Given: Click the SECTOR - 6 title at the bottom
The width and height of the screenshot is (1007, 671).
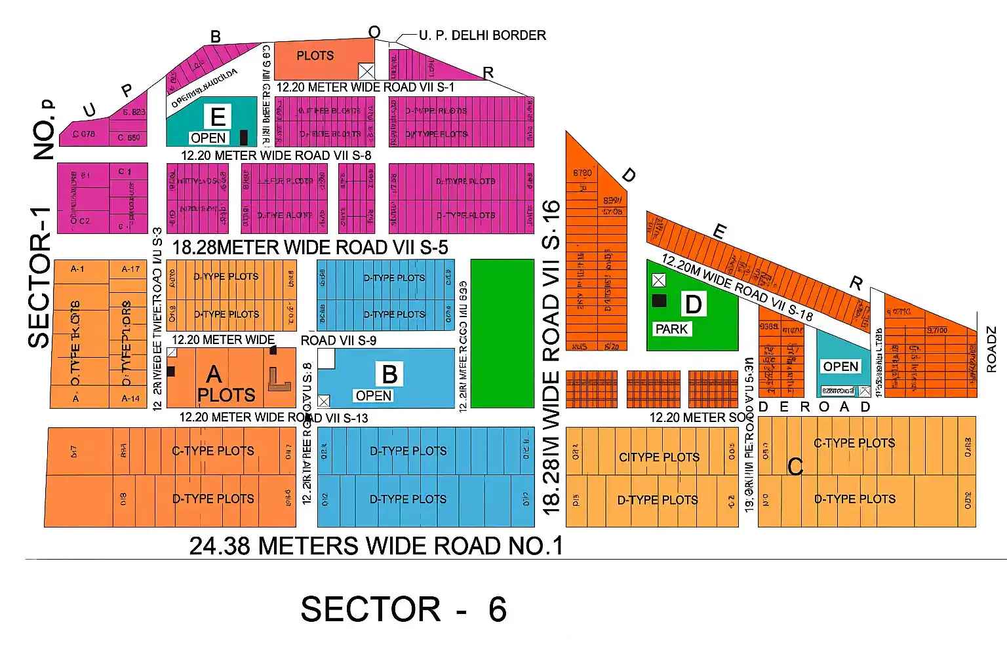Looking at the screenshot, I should [x=403, y=609].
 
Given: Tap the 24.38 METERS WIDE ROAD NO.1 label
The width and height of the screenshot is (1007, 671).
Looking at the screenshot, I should [x=376, y=545].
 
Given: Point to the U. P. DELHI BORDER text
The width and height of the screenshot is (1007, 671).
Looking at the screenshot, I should [x=482, y=35].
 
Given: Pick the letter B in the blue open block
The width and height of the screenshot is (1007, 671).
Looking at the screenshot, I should [x=389, y=374].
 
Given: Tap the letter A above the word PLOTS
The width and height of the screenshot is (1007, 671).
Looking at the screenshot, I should [x=214, y=374].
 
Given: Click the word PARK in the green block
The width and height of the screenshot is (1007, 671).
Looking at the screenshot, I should [x=671, y=329].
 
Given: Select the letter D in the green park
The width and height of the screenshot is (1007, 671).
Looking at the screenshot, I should [x=693, y=305].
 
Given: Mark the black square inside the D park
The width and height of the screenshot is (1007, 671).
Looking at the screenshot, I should [x=659, y=300].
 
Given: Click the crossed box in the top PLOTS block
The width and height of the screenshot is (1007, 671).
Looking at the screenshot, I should [x=366, y=71].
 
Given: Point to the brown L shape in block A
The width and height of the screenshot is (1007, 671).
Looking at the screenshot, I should [x=279, y=379].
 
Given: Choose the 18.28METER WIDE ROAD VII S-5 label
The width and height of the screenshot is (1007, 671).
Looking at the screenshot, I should [x=310, y=248].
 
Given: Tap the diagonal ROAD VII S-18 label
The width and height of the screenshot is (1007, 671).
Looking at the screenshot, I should [x=737, y=287].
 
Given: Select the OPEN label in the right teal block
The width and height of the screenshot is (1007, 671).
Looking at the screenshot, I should [x=840, y=366].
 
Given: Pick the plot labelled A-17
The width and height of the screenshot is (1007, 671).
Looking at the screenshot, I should [x=130, y=269].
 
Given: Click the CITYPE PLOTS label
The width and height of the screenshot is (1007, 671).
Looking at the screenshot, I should [x=659, y=457].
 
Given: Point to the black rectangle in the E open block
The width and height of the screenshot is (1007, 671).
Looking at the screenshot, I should [x=244, y=137].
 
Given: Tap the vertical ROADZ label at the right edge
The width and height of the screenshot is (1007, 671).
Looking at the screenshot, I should [x=991, y=350].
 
